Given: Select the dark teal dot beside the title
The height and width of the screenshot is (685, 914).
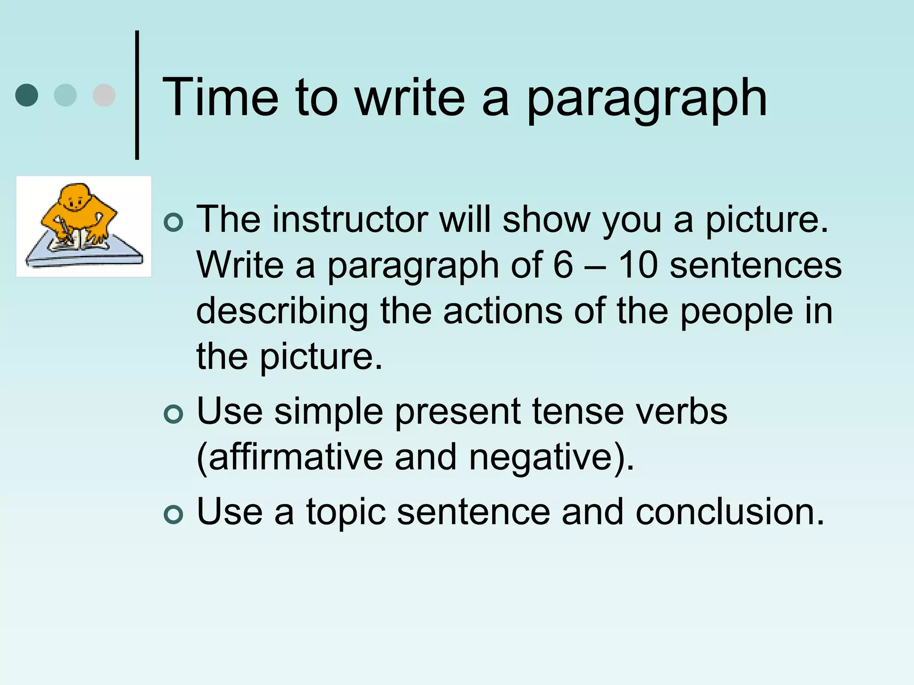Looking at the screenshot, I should coord(27,95).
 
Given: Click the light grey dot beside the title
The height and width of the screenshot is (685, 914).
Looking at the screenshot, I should coord(104,95).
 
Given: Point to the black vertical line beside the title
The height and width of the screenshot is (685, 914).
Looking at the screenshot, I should coord(137,95).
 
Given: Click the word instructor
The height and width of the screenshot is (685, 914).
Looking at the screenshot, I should coord(350,219).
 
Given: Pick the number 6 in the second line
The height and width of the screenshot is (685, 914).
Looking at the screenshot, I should coord(563,265).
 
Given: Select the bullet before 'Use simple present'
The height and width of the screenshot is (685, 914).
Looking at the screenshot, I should coord(173,414).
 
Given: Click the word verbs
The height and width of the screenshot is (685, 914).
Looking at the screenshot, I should coord(681,411).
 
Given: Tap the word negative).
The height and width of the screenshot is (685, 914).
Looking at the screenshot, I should coord(551,458).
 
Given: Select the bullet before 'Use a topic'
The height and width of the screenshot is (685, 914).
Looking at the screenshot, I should coord(173,515).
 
